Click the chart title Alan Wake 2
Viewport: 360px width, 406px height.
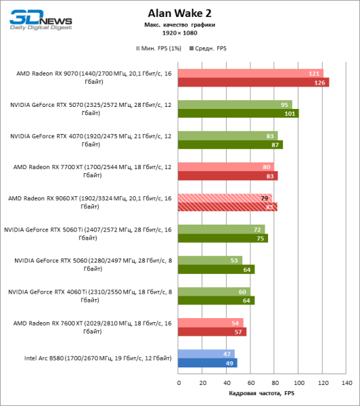coord(179,12)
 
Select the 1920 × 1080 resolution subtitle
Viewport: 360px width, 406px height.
coord(179,32)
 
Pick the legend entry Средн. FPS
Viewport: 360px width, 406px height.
coord(210,49)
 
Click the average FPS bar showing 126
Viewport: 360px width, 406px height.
coord(253,83)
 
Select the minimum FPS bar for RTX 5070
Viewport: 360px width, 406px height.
coord(235,105)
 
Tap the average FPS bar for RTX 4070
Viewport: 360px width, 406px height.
coord(230,145)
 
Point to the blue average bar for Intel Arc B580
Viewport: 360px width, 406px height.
coord(207,363)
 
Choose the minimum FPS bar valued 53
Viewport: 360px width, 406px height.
coord(210,261)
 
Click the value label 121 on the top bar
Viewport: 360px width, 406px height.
coord(313,73)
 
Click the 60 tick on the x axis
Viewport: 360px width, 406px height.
coord(250,383)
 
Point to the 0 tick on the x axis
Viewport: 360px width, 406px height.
coord(179,383)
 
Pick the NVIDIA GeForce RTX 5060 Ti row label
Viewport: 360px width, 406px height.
coord(89,234)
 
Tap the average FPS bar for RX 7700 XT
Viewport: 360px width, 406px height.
coord(227,176)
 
